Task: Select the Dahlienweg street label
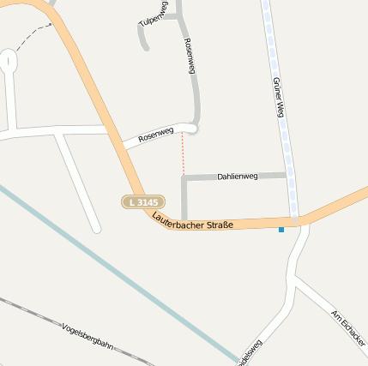[x=237, y=176]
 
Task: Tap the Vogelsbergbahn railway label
[x=88, y=334]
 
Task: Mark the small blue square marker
[x=281, y=229]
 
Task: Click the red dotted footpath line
[x=183, y=154]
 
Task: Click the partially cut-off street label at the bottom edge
[x=251, y=353]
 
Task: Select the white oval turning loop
[x=9, y=61]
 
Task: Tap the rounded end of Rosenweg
[x=193, y=129]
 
